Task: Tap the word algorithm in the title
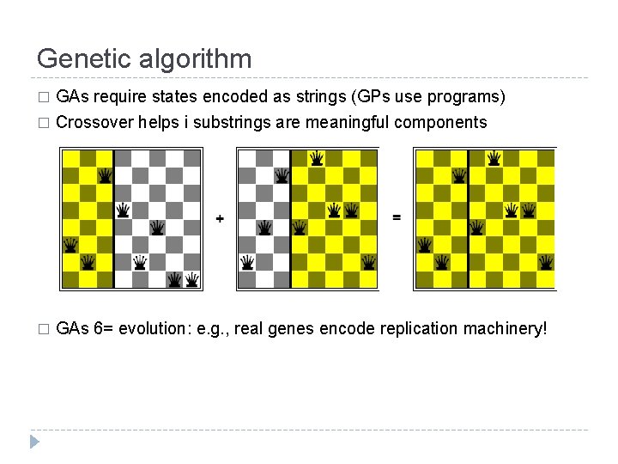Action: pos(198,58)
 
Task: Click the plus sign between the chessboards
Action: pos(220,219)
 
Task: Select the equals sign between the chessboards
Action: pos(396,217)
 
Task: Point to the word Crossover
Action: pos(94,122)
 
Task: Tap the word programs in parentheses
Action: pos(470,97)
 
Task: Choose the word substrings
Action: pos(231,122)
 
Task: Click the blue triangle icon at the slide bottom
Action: pos(33,443)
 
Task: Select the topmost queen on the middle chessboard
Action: pos(317,157)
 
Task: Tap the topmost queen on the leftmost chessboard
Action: pos(105,175)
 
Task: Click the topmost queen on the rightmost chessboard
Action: pos(494,157)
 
